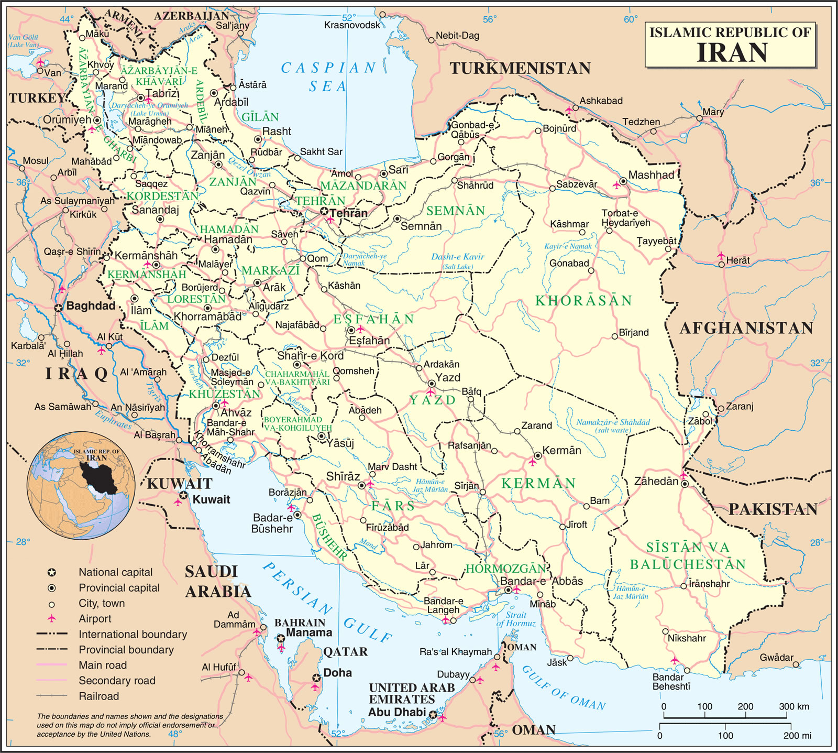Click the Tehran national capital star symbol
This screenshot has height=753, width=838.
pos(324,211)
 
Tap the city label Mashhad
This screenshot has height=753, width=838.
pos(651,175)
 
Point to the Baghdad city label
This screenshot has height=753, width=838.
pos(91,305)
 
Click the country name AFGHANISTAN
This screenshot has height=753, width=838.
pos(746,328)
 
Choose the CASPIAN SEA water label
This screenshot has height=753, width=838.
pos(328,77)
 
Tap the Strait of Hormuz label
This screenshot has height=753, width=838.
pos(516,619)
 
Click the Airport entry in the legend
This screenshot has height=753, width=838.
pos(95,618)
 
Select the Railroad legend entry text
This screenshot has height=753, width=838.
pos(99,696)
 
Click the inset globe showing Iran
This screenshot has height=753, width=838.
pos(81,485)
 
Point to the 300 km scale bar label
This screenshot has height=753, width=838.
pos(794,706)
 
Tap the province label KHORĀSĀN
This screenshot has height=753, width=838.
pos(583,301)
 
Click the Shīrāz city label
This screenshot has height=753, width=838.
pos(343,476)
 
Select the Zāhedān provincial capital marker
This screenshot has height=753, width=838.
pos(685,484)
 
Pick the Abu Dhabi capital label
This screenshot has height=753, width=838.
pos(397,712)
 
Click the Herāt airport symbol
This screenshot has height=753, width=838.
pos(721,256)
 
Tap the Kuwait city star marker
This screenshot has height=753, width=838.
pos(183,495)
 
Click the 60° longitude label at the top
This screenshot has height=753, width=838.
pos(631,19)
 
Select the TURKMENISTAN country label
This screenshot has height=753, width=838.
pos(520,68)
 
